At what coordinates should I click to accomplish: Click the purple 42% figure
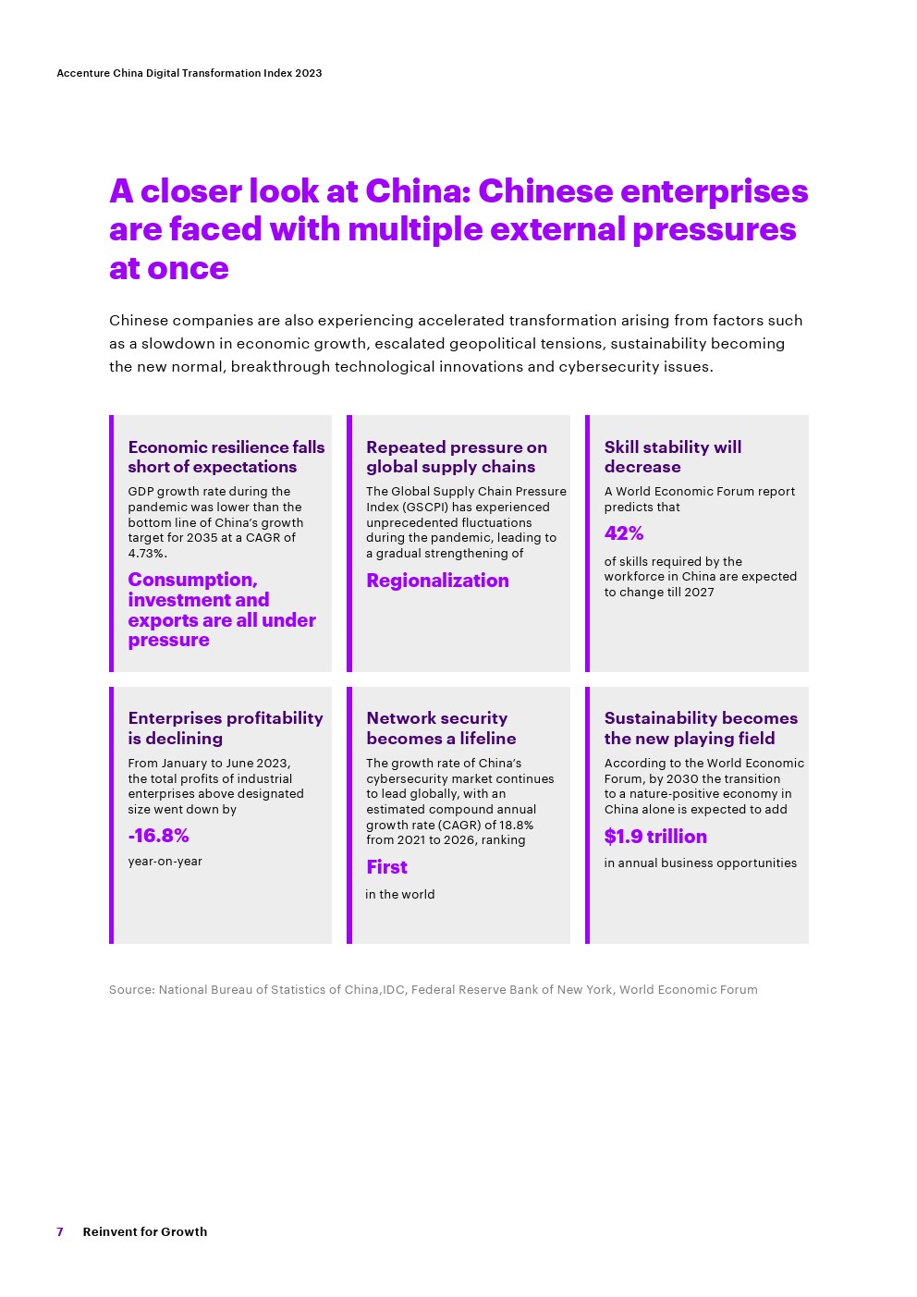623,533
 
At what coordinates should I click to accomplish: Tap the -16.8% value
158,836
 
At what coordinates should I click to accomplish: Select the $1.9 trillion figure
655,837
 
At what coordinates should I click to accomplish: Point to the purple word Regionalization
437,581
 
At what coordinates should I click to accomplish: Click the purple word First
386,867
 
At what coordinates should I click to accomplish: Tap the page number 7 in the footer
60,1231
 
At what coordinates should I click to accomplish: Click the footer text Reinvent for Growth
145,1231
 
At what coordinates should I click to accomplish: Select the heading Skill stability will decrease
673,457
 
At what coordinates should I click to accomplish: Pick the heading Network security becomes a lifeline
441,728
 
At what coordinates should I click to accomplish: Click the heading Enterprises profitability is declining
226,728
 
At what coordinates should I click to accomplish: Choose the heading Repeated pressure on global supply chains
457,457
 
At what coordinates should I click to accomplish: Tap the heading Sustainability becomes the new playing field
701,728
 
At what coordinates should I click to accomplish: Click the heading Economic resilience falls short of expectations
226,457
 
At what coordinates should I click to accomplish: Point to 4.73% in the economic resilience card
146,554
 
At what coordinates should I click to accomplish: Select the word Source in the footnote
130,989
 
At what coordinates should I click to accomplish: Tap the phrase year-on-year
165,861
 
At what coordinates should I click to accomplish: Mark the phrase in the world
400,895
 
